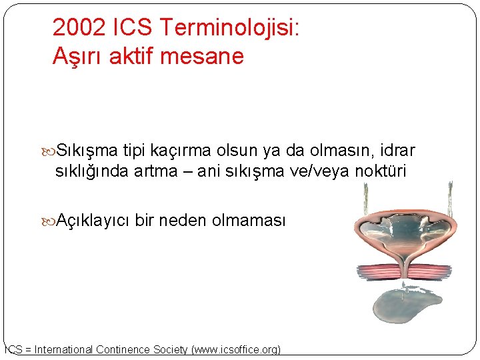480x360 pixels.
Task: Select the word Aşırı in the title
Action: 75,57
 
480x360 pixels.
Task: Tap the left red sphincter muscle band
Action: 379,271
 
